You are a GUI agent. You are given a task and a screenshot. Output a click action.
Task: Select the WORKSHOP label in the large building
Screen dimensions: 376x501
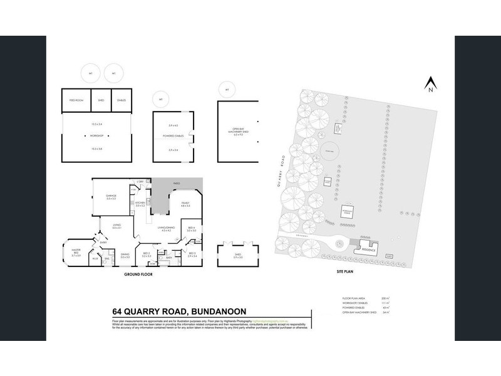(96, 135)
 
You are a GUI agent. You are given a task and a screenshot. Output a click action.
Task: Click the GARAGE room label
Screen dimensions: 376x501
(111, 196)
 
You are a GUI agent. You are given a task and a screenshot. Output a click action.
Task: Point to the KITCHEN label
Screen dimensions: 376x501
(140, 204)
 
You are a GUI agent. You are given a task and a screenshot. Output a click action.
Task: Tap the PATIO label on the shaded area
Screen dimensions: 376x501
(177, 183)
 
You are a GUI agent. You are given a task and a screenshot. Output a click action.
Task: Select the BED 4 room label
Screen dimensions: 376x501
(192, 229)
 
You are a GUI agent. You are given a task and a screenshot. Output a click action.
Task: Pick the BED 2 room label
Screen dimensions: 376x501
(147, 254)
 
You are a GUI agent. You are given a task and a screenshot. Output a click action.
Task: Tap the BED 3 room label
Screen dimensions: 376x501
(192, 254)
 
